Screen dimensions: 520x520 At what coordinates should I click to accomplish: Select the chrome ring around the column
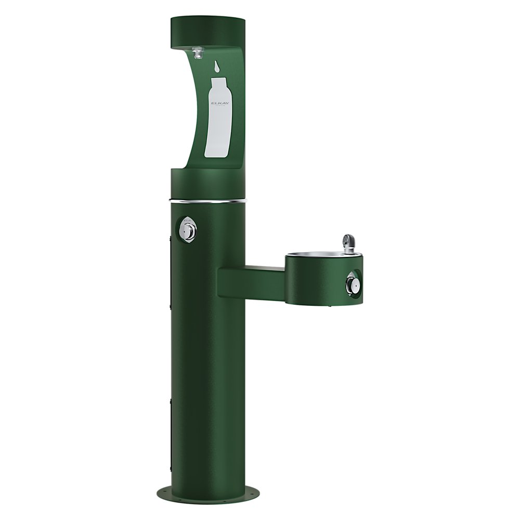click(x=208, y=200)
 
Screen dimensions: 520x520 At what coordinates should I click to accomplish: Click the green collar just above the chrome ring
click(x=208, y=185)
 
